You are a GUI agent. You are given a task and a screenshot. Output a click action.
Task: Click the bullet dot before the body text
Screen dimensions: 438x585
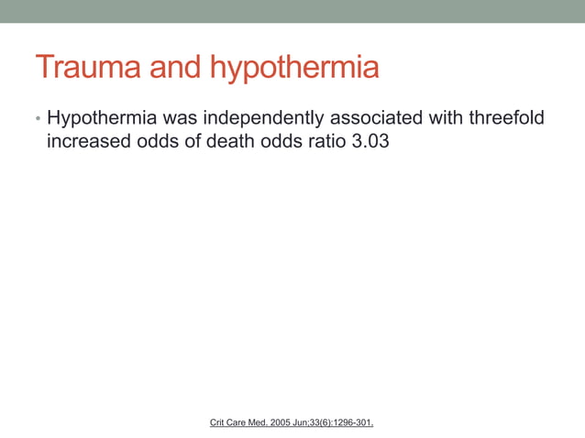(x=39, y=120)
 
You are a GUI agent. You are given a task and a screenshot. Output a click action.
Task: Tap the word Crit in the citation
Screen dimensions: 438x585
(x=218, y=422)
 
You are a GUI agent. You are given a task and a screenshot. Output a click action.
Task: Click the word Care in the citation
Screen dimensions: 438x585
(x=240, y=422)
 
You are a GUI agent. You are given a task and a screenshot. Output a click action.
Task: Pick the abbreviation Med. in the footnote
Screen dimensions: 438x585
(x=264, y=422)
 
